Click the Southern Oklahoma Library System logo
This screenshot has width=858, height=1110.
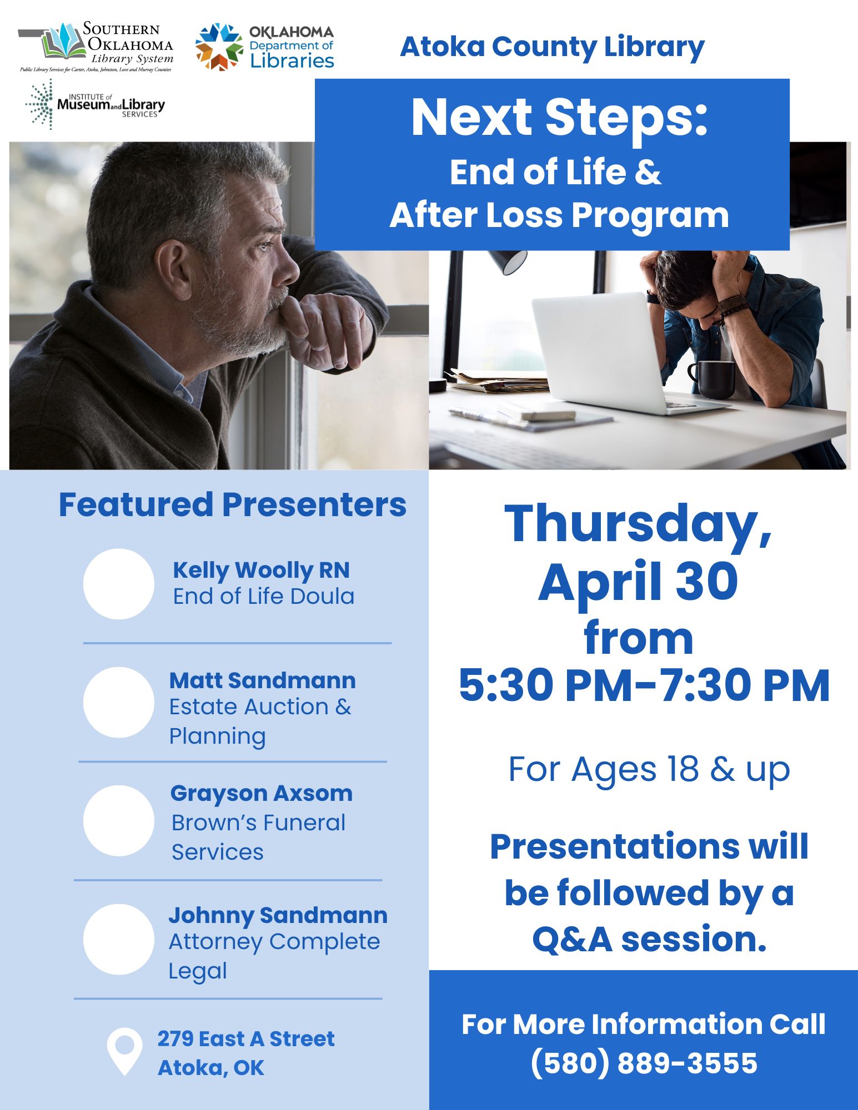click(96, 47)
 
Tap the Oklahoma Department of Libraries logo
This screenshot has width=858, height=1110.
click(264, 47)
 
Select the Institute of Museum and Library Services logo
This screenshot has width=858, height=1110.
click(96, 104)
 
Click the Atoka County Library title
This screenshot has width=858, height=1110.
click(552, 47)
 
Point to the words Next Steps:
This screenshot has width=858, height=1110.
click(559, 117)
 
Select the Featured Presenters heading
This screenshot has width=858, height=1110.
click(232, 504)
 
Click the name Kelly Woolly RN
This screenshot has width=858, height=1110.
click(261, 570)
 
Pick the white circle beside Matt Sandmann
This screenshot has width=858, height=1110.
click(119, 702)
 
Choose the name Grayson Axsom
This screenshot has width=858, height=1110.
click(261, 793)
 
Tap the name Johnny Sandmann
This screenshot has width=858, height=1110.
click(278, 915)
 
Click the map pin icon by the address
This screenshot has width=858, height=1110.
click(124, 1051)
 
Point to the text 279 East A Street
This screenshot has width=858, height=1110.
click(245, 1038)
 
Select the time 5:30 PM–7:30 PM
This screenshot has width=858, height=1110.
click(644, 685)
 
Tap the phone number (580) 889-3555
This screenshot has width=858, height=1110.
click(644, 1063)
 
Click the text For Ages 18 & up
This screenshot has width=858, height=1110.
click(649, 770)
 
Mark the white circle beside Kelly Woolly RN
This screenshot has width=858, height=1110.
click(119, 584)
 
